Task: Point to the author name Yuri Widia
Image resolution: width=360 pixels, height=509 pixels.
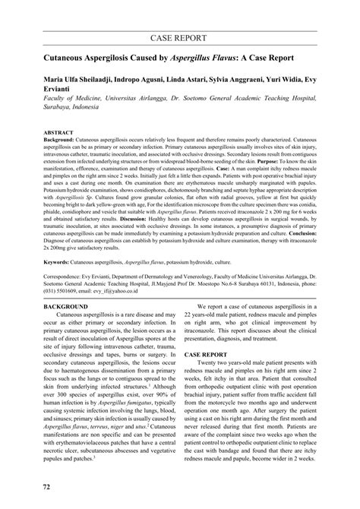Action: (x=305, y=79)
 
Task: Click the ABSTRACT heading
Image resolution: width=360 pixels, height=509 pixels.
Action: (x=58, y=131)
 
